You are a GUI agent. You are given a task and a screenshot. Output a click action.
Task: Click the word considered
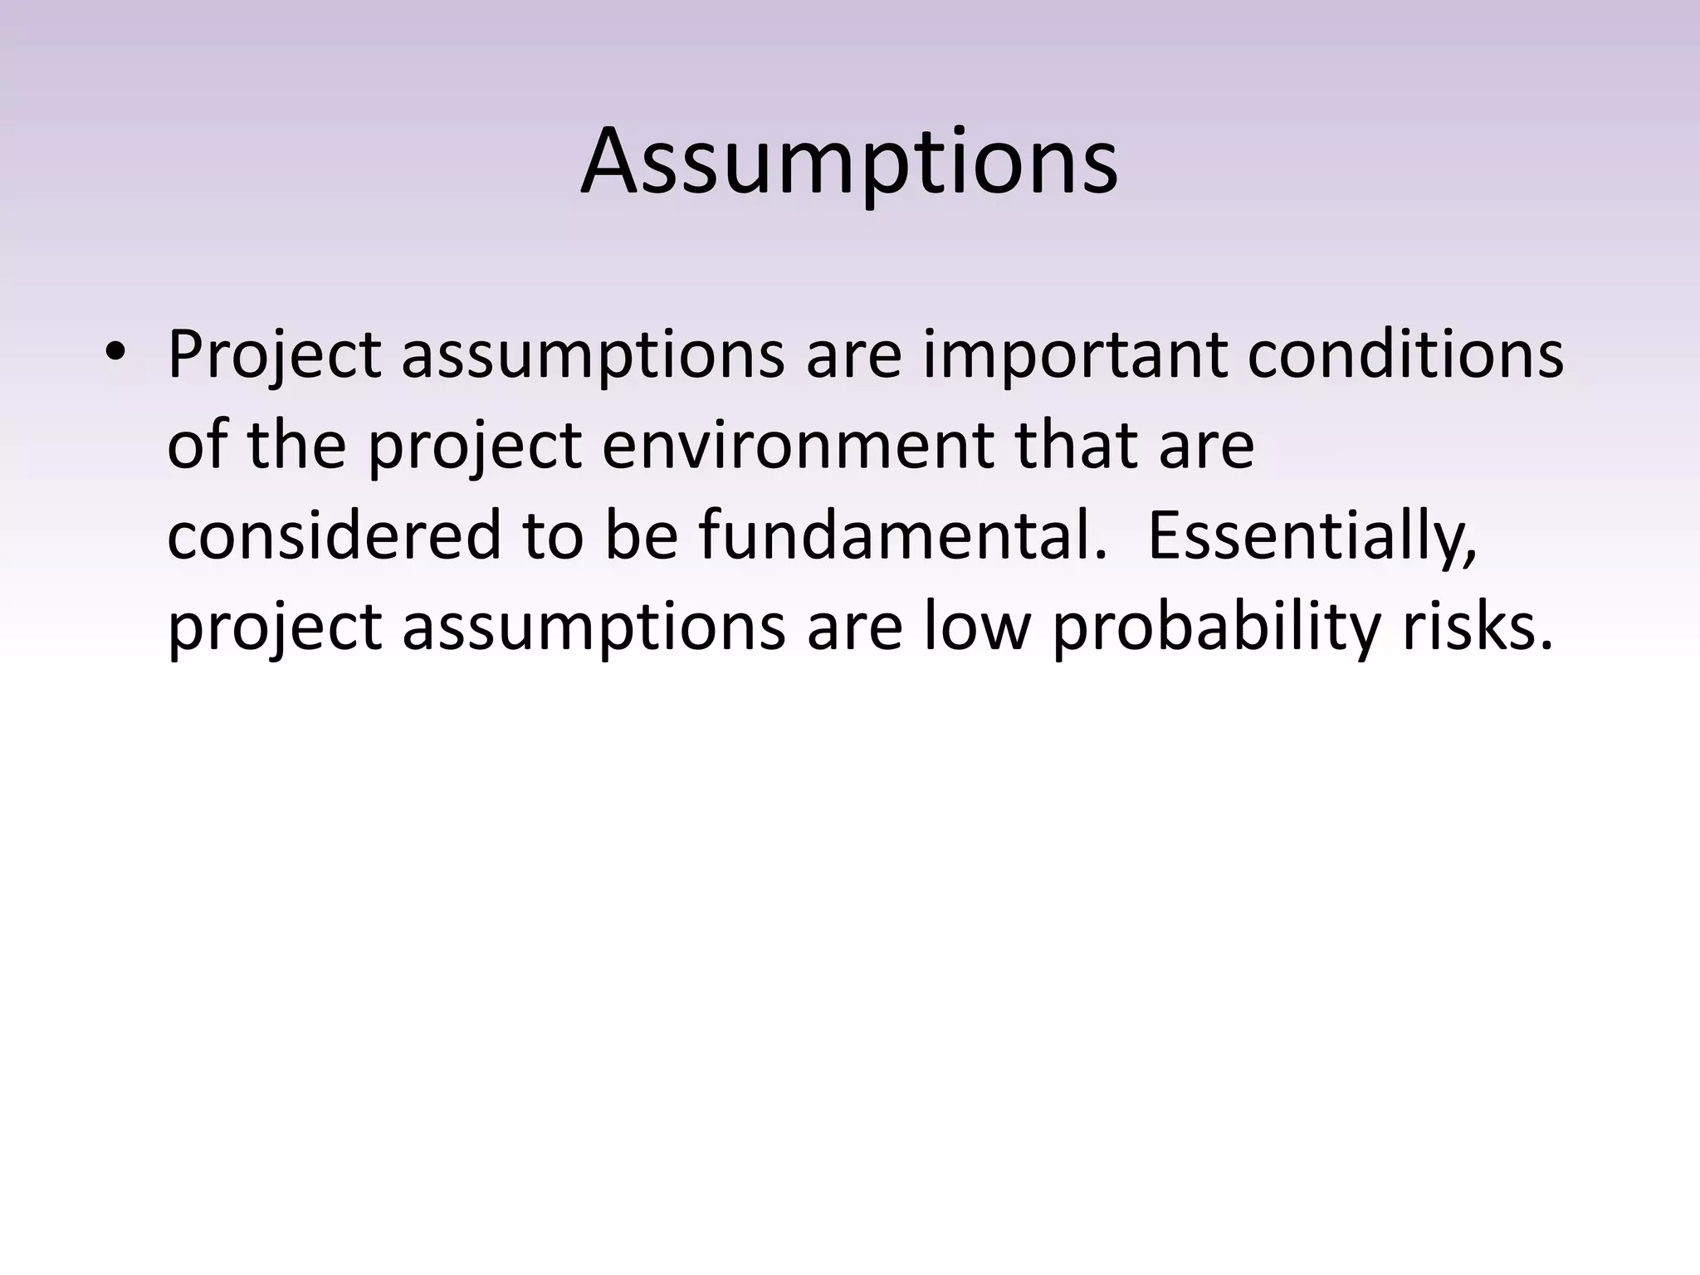334,536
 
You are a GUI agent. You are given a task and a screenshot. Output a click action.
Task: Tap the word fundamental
903,536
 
